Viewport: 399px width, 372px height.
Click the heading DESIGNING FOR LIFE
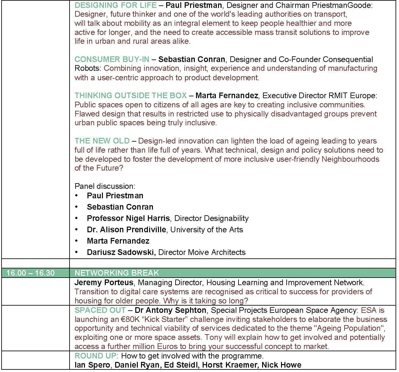[x=115, y=5]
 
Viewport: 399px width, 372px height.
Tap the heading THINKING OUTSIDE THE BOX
[x=131, y=96]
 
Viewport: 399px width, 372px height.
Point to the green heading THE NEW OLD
[x=102, y=141]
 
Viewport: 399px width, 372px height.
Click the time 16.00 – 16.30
[x=31, y=273]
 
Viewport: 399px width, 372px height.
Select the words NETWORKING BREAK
[x=117, y=273]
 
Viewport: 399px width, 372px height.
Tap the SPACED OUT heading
[x=100, y=310]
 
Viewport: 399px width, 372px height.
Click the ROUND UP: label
[x=97, y=356]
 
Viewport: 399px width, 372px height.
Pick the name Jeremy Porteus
[x=104, y=283]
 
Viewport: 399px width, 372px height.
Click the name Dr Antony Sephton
[x=171, y=310]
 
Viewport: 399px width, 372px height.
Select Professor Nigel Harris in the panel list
[x=128, y=218]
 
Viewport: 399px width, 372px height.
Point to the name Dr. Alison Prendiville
[x=126, y=230]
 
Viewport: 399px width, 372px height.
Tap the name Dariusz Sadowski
[x=121, y=252]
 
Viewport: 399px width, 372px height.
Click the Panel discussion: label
[x=105, y=186]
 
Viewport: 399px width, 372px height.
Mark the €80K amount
[x=130, y=319]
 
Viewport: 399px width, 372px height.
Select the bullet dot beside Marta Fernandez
[x=76, y=241]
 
